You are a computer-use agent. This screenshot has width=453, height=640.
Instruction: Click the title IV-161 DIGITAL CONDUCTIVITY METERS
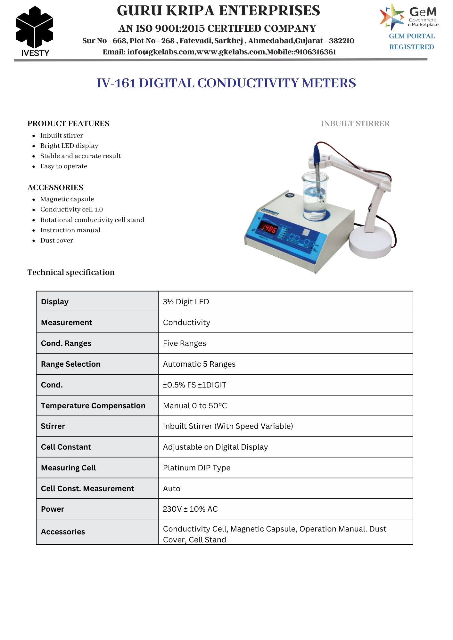(x=226, y=83)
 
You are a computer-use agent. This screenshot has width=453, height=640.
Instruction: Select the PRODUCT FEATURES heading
(x=68, y=124)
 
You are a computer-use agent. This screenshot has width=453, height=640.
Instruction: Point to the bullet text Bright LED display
(x=69, y=146)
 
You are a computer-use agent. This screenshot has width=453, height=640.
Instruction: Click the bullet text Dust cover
(x=56, y=240)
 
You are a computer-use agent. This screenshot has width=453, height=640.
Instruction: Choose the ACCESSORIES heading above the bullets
(x=55, y=188)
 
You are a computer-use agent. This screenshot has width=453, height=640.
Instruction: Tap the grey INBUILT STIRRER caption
(x=355, y=124)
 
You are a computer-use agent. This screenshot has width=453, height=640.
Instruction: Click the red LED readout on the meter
(x=268, y=228)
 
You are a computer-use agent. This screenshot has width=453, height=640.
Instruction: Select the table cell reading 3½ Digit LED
(x=186, y=302)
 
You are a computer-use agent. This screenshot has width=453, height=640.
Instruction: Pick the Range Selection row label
(x=70, y=364)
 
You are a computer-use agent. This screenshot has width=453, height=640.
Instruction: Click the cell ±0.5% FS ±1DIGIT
(x=194, y=385)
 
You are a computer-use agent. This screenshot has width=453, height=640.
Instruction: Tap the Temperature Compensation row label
(x=93, y=406)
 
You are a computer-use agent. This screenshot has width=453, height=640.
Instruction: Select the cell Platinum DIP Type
(x=196, y=468)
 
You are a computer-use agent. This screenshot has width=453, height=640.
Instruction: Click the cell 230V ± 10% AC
(x=190, y=509)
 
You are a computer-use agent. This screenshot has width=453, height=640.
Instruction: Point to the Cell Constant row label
(x=66, y=447)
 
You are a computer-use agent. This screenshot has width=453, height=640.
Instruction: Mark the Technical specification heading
(x=71, y=272)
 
